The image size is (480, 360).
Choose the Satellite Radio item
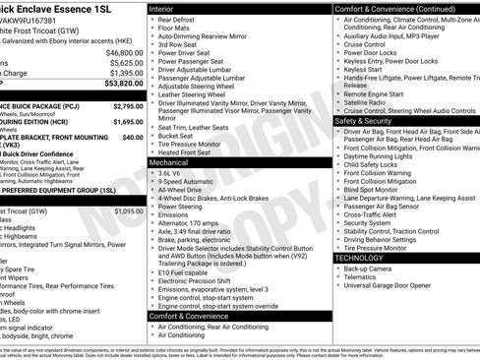[x=367, y=102]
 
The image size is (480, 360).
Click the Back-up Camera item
[x=368, y=269]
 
